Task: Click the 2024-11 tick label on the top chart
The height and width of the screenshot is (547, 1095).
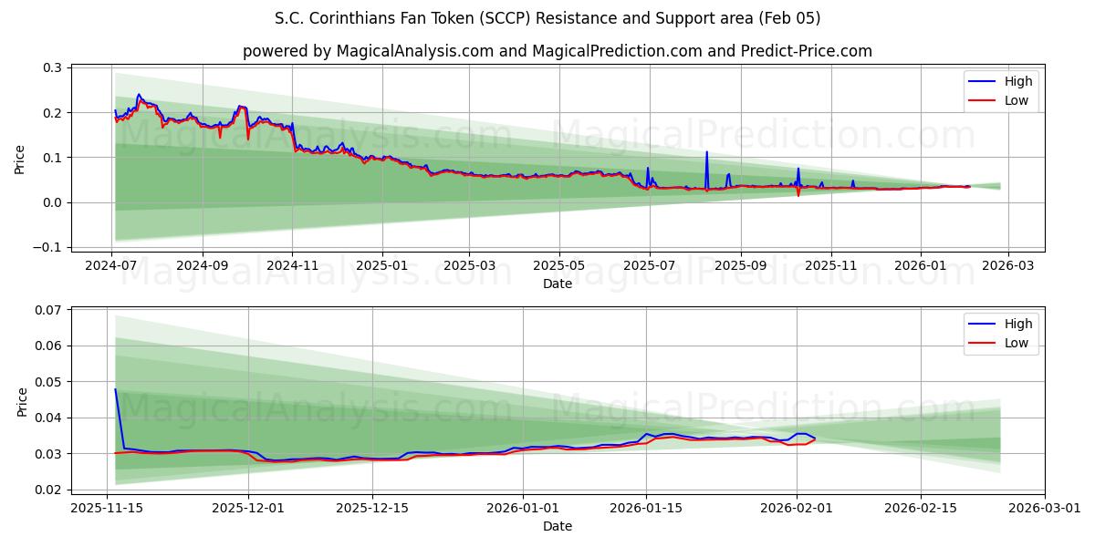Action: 293,265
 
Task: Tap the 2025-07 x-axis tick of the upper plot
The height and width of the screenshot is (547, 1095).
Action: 649,265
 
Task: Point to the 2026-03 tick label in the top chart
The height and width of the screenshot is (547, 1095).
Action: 1008,265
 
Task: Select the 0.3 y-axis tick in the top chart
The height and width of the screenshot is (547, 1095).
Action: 52,68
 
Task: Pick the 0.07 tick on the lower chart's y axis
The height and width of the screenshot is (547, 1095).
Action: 48,310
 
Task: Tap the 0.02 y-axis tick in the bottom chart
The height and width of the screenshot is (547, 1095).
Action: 48,490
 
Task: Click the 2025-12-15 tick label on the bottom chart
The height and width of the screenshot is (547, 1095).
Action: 371,508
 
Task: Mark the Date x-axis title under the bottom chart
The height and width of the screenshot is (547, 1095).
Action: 558,526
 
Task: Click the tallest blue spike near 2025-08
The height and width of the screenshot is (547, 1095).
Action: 706,152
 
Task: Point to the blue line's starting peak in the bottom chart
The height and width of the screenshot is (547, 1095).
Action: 115,389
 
